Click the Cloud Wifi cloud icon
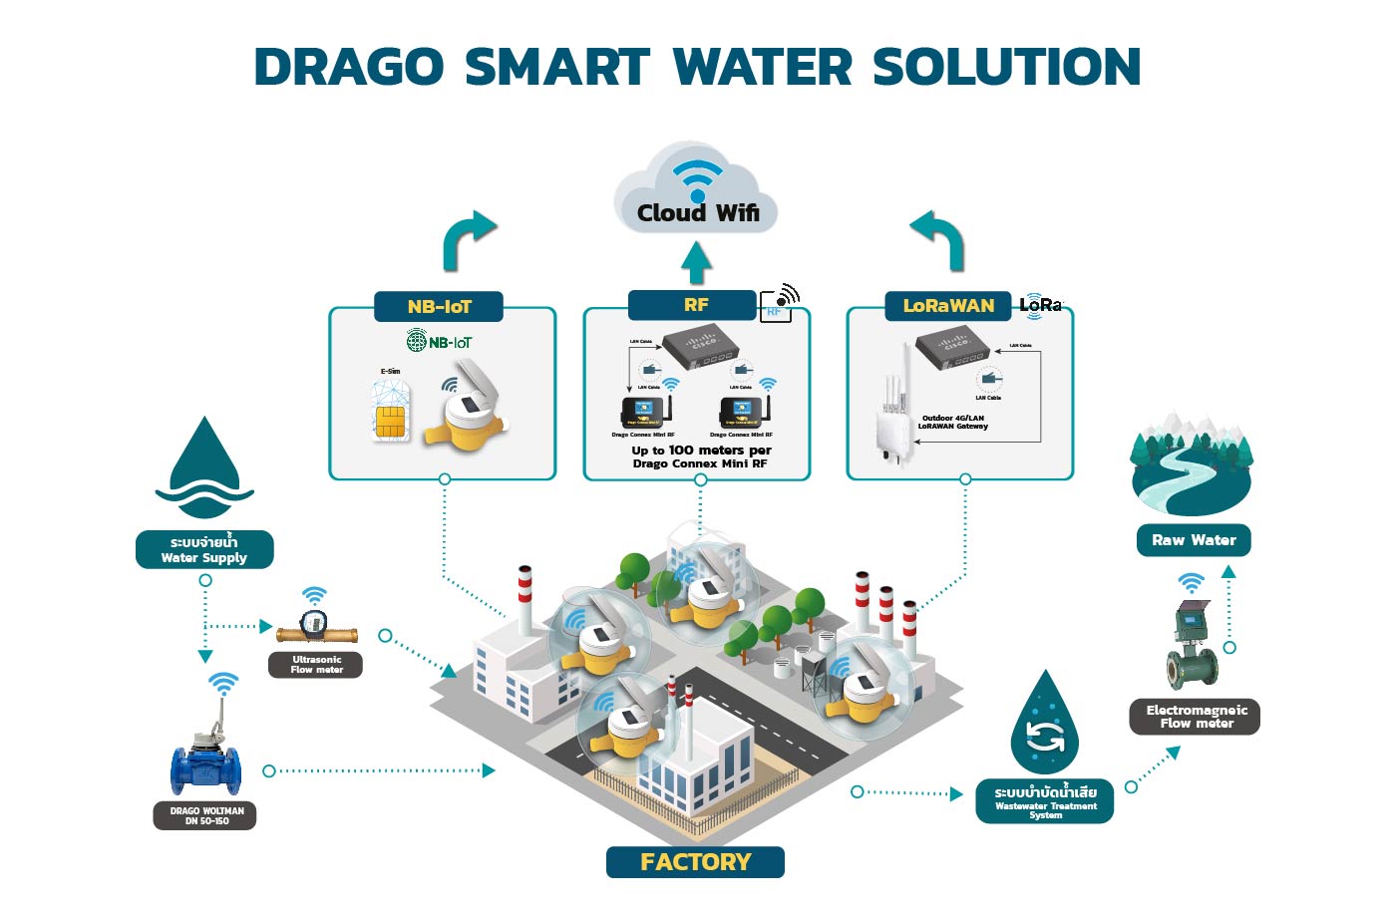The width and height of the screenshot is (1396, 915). tap(697, 189)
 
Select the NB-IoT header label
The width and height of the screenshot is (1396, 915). tap(439, 306)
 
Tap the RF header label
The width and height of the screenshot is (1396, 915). tap(695, 304)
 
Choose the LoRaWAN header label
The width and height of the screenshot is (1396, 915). tap(948, 306)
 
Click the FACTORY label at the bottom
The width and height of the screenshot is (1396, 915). tap(695, 862)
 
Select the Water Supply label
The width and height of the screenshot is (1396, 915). tap(204, 550)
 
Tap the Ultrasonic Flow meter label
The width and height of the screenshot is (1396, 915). tap(316, 665)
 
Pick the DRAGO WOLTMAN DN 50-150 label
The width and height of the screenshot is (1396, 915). tap(205, 816)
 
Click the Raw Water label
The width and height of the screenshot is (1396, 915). tap(1194, 540)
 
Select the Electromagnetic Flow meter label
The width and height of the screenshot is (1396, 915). tap(1196, 717)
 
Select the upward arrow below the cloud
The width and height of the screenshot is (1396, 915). tap(696, 262)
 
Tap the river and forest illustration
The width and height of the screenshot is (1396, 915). tap(1191, 463)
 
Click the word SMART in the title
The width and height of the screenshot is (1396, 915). tap(557, 68)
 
